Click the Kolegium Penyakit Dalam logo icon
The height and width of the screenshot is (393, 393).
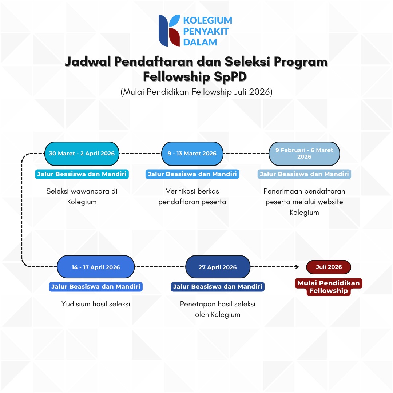169,31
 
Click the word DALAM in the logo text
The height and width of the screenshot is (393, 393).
200,42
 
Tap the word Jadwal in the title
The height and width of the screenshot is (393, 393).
88,62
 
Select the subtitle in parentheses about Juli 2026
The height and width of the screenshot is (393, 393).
196,92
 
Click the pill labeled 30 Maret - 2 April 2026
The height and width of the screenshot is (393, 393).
82,154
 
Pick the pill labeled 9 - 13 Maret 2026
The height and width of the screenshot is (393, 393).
192,154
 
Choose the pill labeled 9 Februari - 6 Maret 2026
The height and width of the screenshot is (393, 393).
304,154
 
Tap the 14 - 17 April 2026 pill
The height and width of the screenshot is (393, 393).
96,267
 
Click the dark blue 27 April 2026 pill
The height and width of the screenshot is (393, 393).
218,267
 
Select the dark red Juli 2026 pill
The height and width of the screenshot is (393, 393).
329,267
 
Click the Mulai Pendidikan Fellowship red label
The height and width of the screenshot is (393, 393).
329,287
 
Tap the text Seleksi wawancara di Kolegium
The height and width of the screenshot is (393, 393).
82,196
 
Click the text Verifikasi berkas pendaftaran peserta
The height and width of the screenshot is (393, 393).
192,196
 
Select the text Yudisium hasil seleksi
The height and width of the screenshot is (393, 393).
96,304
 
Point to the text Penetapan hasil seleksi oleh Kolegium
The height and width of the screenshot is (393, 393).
218,309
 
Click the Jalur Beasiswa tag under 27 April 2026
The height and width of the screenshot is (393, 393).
218,287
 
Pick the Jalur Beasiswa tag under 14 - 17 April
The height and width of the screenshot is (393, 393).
96,287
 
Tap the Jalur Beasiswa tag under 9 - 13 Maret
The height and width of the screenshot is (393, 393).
192,174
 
